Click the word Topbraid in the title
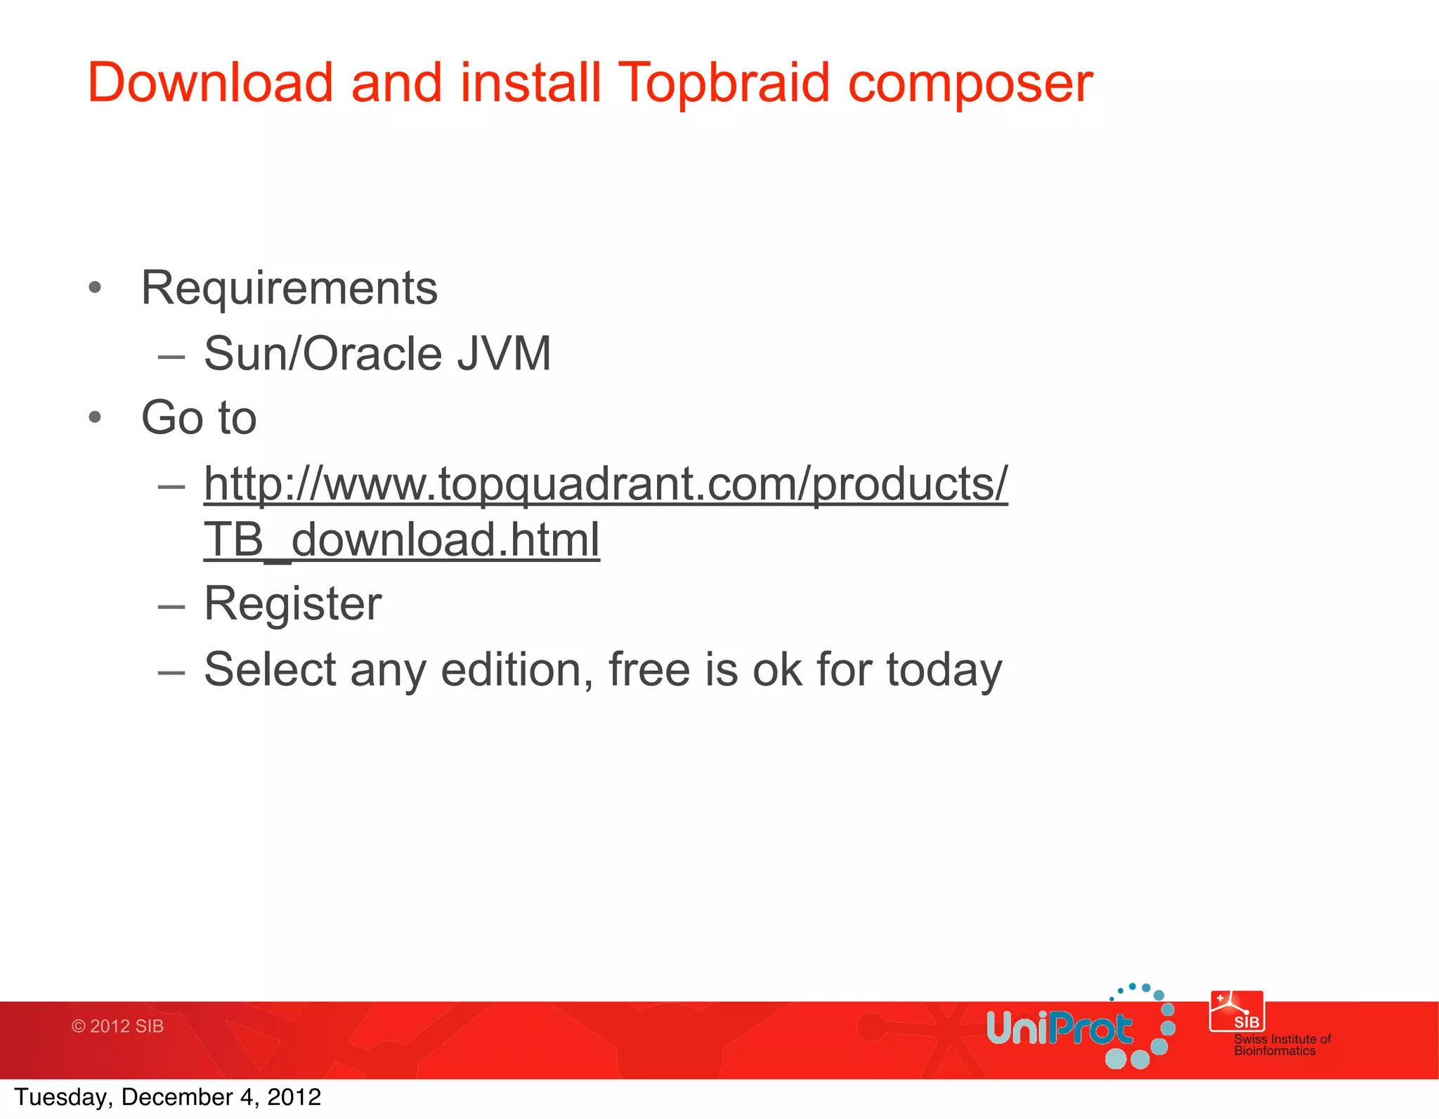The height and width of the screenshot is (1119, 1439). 724,83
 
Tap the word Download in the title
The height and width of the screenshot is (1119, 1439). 209,83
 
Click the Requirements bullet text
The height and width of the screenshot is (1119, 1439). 289,288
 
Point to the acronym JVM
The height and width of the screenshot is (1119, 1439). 504,353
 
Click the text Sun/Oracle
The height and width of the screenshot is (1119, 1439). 323,353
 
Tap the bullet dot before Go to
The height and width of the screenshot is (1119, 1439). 96,418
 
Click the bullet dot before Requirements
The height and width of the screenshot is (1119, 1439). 96,287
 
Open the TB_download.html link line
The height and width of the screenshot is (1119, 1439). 401,539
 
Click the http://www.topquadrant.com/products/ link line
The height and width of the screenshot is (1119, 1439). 605,484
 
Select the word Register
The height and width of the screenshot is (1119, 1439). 292,603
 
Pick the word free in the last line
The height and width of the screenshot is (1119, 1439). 649,669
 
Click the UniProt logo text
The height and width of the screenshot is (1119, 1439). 1059,1028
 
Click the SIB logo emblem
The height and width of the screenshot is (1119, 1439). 1237,1011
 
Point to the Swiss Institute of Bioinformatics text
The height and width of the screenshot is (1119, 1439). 1282,1045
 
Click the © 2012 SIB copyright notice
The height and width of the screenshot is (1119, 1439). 117,1026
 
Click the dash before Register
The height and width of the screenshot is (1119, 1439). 171,606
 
